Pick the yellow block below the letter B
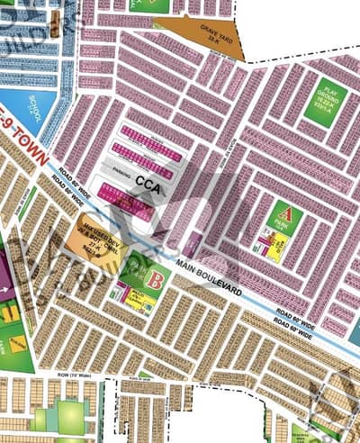pos(139,301)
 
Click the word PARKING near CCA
pos(138,167)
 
